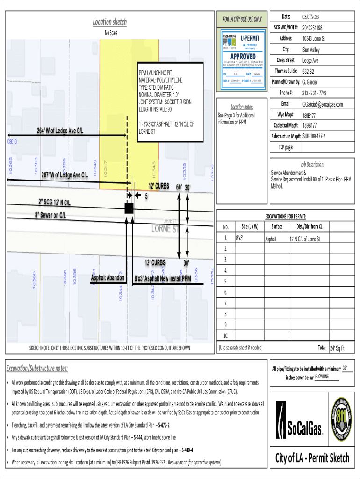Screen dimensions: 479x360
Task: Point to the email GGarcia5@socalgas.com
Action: point(323,104)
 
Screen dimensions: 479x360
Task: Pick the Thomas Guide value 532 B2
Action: point(309,72)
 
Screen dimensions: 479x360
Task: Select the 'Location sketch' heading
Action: point(109,22)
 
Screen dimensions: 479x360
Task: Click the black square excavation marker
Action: point(129,208)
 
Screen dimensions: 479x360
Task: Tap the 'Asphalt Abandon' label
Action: point(108,278)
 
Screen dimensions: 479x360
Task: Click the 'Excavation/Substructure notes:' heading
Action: point(37,368)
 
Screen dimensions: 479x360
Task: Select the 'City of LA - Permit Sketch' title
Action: point(312,457)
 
